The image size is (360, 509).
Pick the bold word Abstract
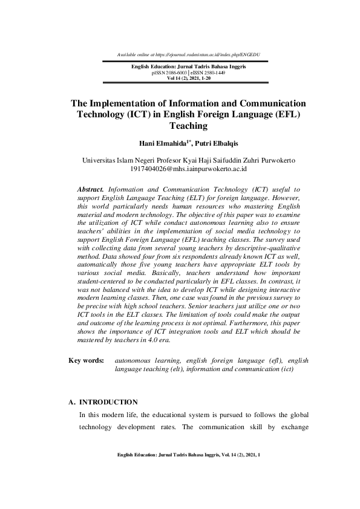coord(92,189)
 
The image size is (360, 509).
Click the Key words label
coord(87,360)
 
